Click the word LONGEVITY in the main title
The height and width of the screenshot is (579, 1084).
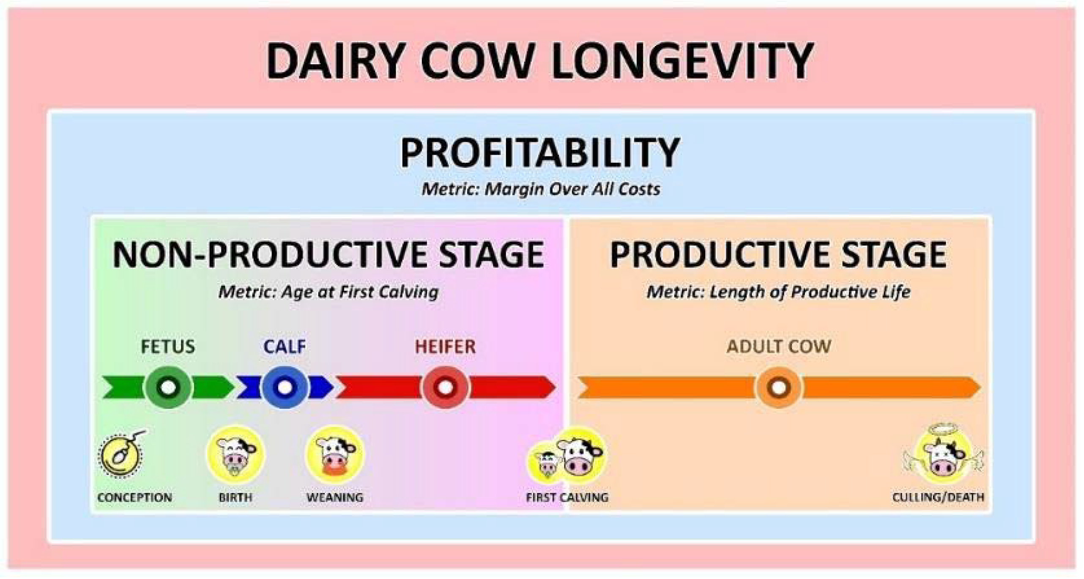[x=681, y=60]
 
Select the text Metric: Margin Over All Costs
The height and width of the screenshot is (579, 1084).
[x=541, y=189]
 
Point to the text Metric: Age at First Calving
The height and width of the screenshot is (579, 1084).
[x=328, y=292]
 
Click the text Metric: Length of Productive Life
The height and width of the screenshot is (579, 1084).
[x=778, y=292]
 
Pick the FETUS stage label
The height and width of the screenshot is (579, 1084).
[x=168, y=347]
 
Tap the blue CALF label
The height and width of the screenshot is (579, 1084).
[x=285, y=347]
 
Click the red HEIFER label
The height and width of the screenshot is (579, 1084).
[x=445, y=347]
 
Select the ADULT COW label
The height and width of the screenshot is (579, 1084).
[x=779, y=347]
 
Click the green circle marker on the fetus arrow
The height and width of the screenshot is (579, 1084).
[x=168, y=387]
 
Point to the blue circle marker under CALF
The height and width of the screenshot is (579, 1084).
[x=285, y=387]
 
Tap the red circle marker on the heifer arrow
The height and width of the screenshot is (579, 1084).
[x=445, y=387]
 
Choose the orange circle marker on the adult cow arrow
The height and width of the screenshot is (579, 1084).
[x=779, y=387]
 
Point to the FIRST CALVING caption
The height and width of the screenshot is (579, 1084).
[x=567, y=497]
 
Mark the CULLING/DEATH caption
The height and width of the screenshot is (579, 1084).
[x=938, y=497]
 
